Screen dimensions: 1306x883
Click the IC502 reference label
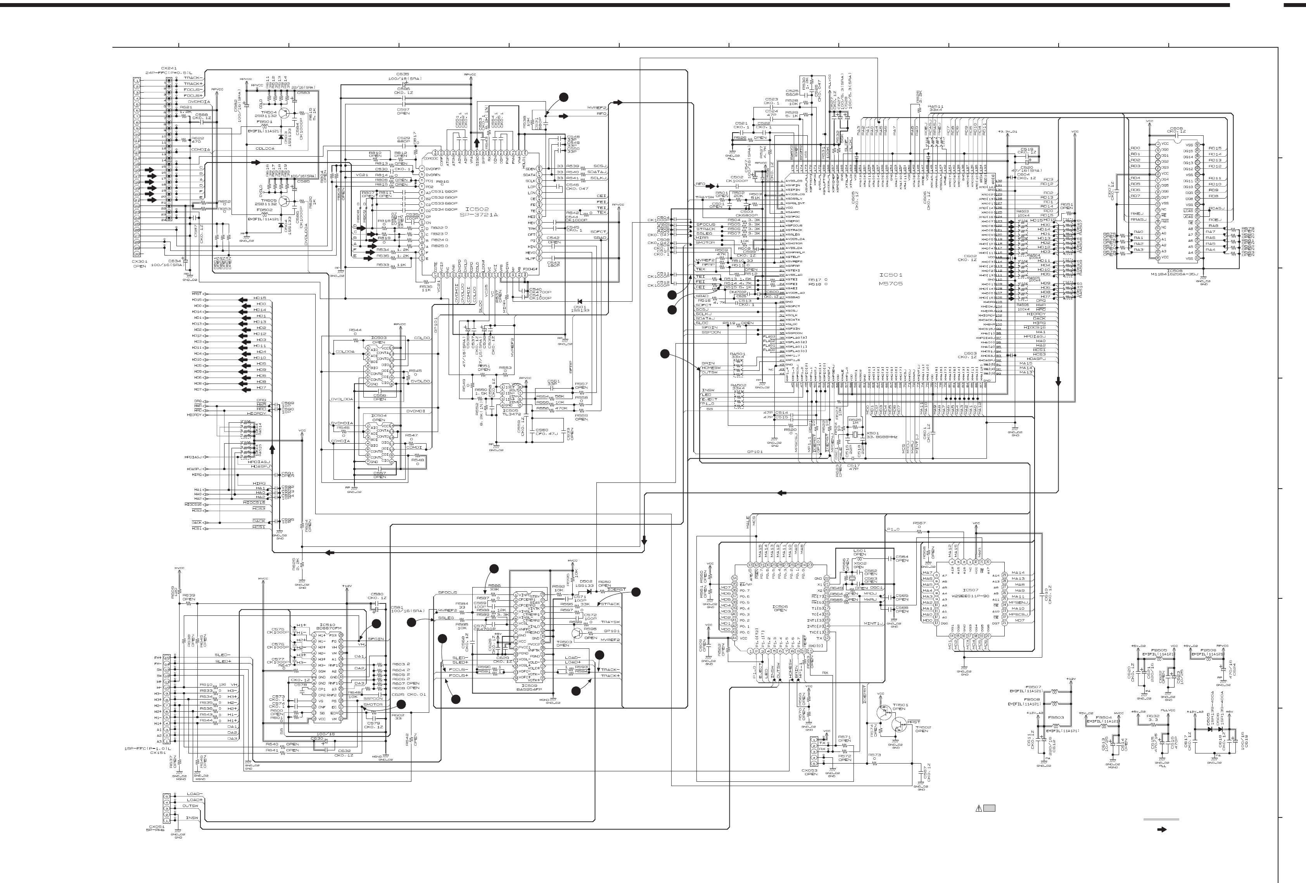point(474,209)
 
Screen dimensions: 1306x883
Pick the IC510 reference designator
point(327,624)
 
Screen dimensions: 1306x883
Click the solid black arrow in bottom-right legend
point(1162,829)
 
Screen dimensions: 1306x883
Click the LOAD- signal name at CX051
point(194,794)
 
